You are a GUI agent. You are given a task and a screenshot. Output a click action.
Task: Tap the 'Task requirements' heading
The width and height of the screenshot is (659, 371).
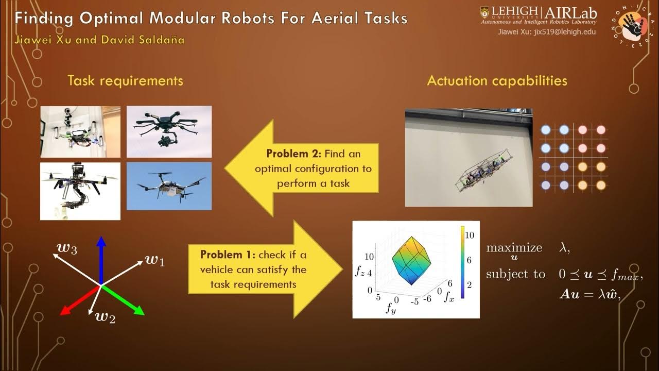[x=125, y=81]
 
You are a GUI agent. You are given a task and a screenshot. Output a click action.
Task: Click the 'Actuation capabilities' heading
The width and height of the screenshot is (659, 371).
[x=497, y=81]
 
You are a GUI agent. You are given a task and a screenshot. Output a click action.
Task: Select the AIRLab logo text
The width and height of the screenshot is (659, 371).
[x=570, y=12]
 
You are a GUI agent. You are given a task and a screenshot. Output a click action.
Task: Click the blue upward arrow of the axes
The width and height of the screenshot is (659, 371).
[x=101, y=258]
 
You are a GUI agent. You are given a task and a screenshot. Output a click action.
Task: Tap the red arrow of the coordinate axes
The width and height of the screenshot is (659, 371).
[x=77, y=301]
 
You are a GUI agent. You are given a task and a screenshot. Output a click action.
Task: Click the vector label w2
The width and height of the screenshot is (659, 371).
[x=105, y=316]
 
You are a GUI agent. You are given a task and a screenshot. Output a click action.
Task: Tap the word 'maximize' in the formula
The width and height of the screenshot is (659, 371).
[x=514, y=248]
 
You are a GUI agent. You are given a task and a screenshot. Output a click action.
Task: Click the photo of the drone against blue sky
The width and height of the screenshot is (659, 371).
[x=169, y=186]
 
